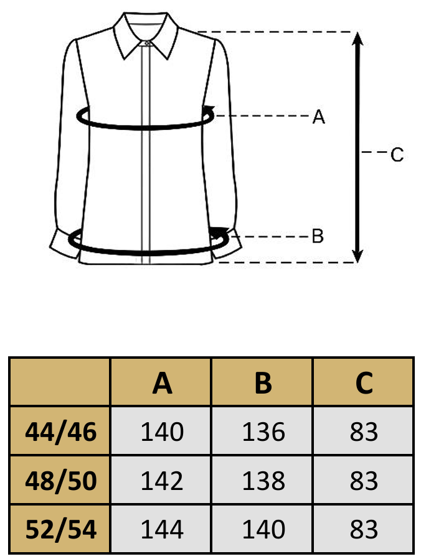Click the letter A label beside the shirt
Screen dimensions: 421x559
coord(318,117)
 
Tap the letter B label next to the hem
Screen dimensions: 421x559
coord(318,236)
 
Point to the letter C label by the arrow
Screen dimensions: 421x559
coord(397,155)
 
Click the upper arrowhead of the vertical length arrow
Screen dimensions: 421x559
coord(358,39)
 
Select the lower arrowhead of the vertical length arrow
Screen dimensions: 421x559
coord(357,256)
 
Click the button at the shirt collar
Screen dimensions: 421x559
coord(147,43)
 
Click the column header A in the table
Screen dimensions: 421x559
coord(162,383)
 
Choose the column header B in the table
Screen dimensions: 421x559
coord(263,383)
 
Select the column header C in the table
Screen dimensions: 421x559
coord(364,383)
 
